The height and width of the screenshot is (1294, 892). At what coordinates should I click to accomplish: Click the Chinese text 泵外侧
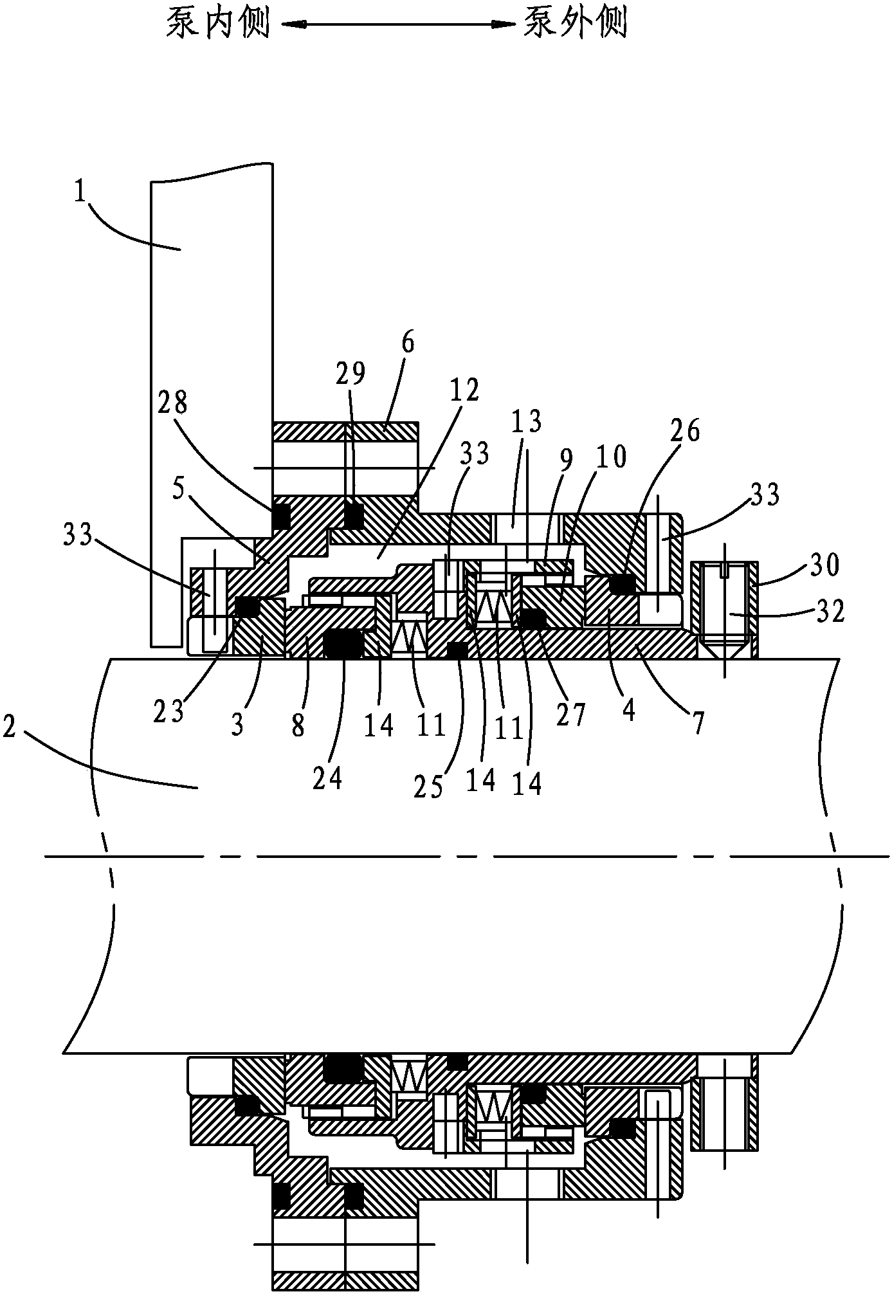(x=574, y=24)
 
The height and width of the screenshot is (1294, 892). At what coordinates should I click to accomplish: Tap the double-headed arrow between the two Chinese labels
(x=395, y=25)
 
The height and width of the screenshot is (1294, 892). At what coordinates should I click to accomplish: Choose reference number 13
(x=526, y=423)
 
